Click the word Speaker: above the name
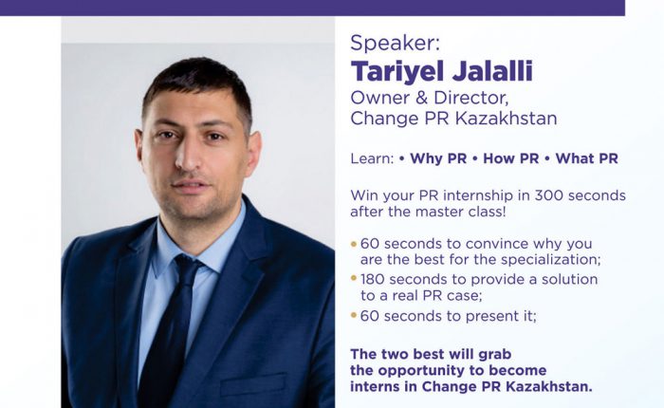coord(396,43)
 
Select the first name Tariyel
coord(397,72)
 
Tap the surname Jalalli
coord(492,71)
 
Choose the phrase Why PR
coord(438,158)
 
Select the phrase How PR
coord(510,158)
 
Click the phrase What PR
coord(586,158)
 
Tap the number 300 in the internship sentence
coord(549,195)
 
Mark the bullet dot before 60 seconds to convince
coord(354,244)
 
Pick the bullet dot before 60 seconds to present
coord(354,315)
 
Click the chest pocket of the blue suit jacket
coord(253,384)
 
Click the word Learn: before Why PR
coord(372,158)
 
